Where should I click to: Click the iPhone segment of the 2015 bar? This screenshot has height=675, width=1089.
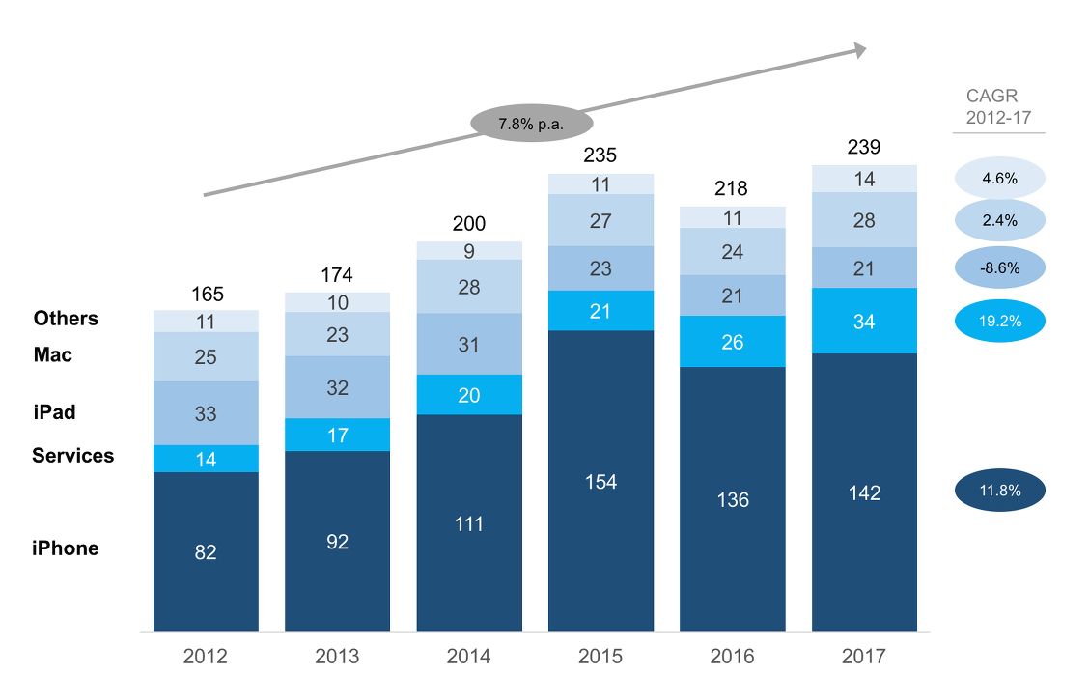600,481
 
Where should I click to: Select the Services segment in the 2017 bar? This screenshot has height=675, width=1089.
864,321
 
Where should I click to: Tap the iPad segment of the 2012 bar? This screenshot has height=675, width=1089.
206,413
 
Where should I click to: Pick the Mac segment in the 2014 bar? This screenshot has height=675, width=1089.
469,287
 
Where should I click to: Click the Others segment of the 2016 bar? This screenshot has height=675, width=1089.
732,217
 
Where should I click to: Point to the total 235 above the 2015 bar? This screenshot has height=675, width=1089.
600,155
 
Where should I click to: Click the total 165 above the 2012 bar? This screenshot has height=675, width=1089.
206,293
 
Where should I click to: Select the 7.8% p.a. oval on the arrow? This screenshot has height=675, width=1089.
530,124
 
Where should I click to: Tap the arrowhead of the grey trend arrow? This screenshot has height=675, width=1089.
856,50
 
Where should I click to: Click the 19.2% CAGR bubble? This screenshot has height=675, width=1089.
1000,321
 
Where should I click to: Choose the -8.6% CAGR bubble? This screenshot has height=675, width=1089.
1000,267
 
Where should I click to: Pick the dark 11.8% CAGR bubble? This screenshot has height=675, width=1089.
1000,492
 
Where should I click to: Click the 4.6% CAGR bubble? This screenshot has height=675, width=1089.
1000,179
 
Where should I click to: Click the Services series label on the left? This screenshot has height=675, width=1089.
73,456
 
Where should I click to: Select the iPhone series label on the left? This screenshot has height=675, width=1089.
66,548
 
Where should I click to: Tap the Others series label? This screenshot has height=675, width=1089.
66,319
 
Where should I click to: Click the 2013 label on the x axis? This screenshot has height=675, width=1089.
337,657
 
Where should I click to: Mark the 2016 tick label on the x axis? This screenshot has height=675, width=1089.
732,657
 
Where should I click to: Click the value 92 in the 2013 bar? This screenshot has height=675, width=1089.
337,542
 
